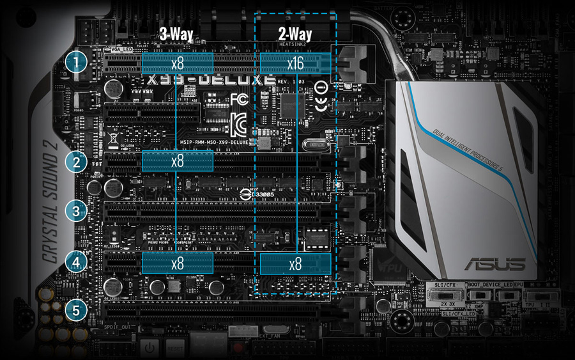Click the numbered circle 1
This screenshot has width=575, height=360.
[77, 63]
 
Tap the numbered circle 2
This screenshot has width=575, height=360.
[77, 162]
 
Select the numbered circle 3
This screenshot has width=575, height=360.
[77, 210]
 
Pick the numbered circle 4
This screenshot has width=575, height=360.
[77, 262]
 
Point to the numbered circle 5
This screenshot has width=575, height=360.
[77, 311]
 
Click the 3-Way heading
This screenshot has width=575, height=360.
[176, 34]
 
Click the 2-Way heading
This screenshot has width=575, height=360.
[295, 34]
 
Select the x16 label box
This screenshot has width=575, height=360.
[295, 63]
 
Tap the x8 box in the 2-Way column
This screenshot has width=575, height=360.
[295, 263]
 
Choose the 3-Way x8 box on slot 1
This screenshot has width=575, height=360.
[177, 63]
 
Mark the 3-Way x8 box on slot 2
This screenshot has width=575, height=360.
[177, 161]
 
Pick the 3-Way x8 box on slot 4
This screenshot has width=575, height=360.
[177, 263]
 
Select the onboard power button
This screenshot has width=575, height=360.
[149, 348]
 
